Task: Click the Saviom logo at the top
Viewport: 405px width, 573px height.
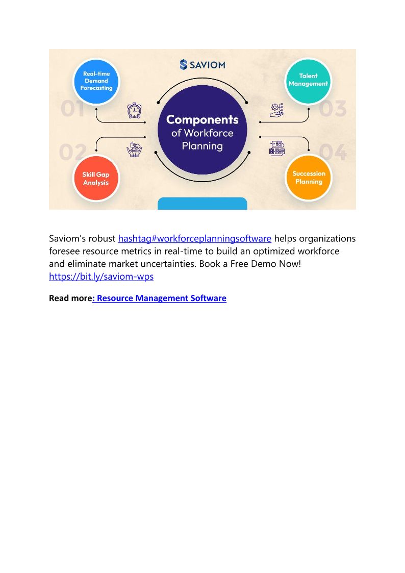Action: coord(202,65)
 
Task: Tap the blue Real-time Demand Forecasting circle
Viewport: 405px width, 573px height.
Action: coord(96,81)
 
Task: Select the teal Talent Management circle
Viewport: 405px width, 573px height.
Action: coord(308,80)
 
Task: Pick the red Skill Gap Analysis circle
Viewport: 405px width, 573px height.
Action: coord(96,178)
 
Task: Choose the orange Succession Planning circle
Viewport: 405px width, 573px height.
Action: coord(309,178)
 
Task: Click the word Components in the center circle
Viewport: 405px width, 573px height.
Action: coord(202,119)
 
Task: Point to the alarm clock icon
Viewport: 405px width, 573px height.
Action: coord(134,110)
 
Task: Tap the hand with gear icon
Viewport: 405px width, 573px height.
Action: coord(277,111)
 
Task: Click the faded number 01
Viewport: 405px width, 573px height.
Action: coord(72,109)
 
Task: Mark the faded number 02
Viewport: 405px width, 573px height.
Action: coord(72,153)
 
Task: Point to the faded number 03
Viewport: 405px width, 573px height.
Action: coord(333,109)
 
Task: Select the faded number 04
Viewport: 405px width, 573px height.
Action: coord(333,153)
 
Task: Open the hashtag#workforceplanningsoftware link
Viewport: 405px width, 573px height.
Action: coord(195,238)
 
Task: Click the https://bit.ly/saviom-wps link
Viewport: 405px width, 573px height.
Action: coord(101,277)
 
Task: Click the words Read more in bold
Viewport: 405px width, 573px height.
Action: coord(70,298)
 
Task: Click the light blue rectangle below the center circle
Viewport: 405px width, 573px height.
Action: coord(202,204)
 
